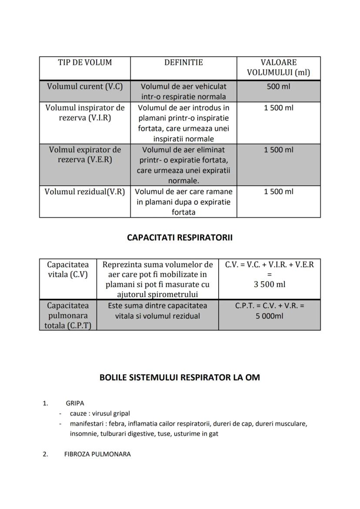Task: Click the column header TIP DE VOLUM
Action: (85, 63)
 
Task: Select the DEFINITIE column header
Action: (183, 63)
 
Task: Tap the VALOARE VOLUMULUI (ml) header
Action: (278, 67)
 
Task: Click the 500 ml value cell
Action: (278, 86)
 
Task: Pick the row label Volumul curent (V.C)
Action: (85, 86)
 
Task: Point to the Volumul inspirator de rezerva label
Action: (85, 113)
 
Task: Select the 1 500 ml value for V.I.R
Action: (278, 108)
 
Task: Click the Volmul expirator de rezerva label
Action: (85, 155)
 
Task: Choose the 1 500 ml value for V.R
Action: (278, 192)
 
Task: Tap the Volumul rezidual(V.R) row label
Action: (85, 192)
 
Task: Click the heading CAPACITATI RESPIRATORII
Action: (180, 238)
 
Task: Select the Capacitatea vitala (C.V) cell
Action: (68, 269)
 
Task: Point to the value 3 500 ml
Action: (270, 285)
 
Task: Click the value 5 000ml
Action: (270, 316)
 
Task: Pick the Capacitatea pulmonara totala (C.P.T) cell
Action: (68, 316)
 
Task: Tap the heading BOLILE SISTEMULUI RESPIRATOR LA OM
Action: (180, 377)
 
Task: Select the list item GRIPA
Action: (75, 403)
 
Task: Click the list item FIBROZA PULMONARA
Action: (97, 454)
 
